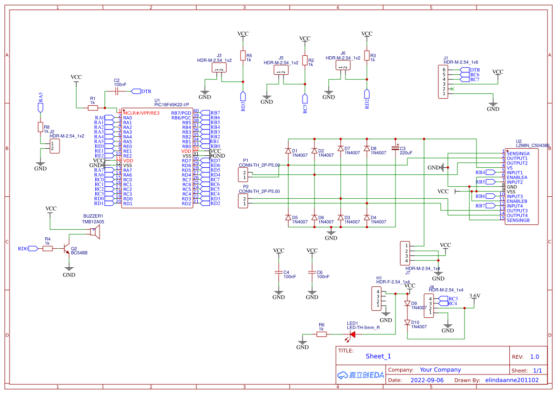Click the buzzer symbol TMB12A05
pos(95,232)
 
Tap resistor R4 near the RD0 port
pos(48,248)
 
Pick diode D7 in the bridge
pos(340,149)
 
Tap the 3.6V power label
pos(475,296)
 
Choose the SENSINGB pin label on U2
pos(518,220)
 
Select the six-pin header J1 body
pos(444,82)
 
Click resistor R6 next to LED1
pos(322,334)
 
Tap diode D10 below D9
pos(407,323)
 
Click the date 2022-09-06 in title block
pos(427,380)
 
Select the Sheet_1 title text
pos(378,356)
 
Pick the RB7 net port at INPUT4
pos(481,206)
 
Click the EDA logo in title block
pos(360,375)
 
